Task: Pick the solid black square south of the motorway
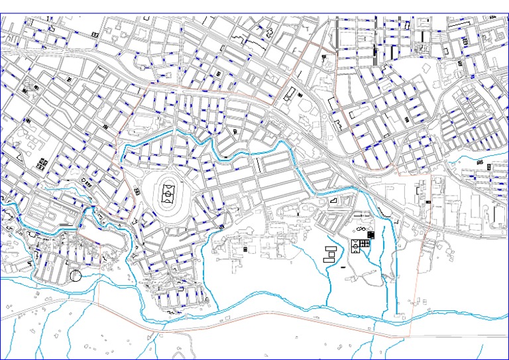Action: (370, 234)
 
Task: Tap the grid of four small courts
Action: (365, 243)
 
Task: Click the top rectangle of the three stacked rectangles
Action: (330, 247)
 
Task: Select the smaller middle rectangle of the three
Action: (329, 253)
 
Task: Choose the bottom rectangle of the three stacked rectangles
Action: (329, 259)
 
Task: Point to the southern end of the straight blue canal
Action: (397, 313)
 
